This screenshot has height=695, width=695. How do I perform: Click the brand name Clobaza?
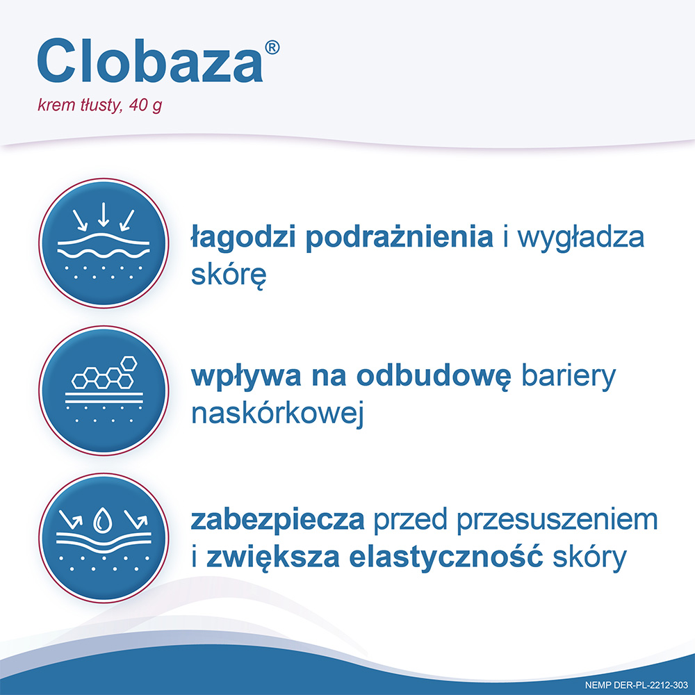pyautogui.click(x=149, y=62)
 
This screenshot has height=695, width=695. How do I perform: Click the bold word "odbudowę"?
pyautogui.click(x=434, y=376)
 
